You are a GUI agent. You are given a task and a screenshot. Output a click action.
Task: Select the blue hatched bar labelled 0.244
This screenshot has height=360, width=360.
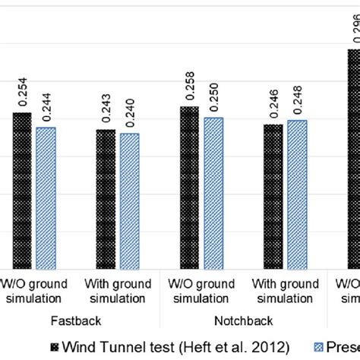point(46,199)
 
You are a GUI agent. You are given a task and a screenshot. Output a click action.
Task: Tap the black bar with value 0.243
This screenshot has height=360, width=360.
point(106,200)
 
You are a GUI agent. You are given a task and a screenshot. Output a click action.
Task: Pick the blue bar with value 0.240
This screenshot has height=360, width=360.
point(130,202)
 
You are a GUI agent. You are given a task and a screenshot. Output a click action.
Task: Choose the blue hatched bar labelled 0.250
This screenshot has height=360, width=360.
point(213,194)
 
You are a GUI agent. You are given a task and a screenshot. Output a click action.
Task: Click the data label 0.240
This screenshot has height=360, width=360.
point(130,112)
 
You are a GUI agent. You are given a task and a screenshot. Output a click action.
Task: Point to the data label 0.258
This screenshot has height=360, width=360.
point(189,85)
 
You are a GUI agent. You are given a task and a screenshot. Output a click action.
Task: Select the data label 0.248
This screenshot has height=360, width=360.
point(297,99)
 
